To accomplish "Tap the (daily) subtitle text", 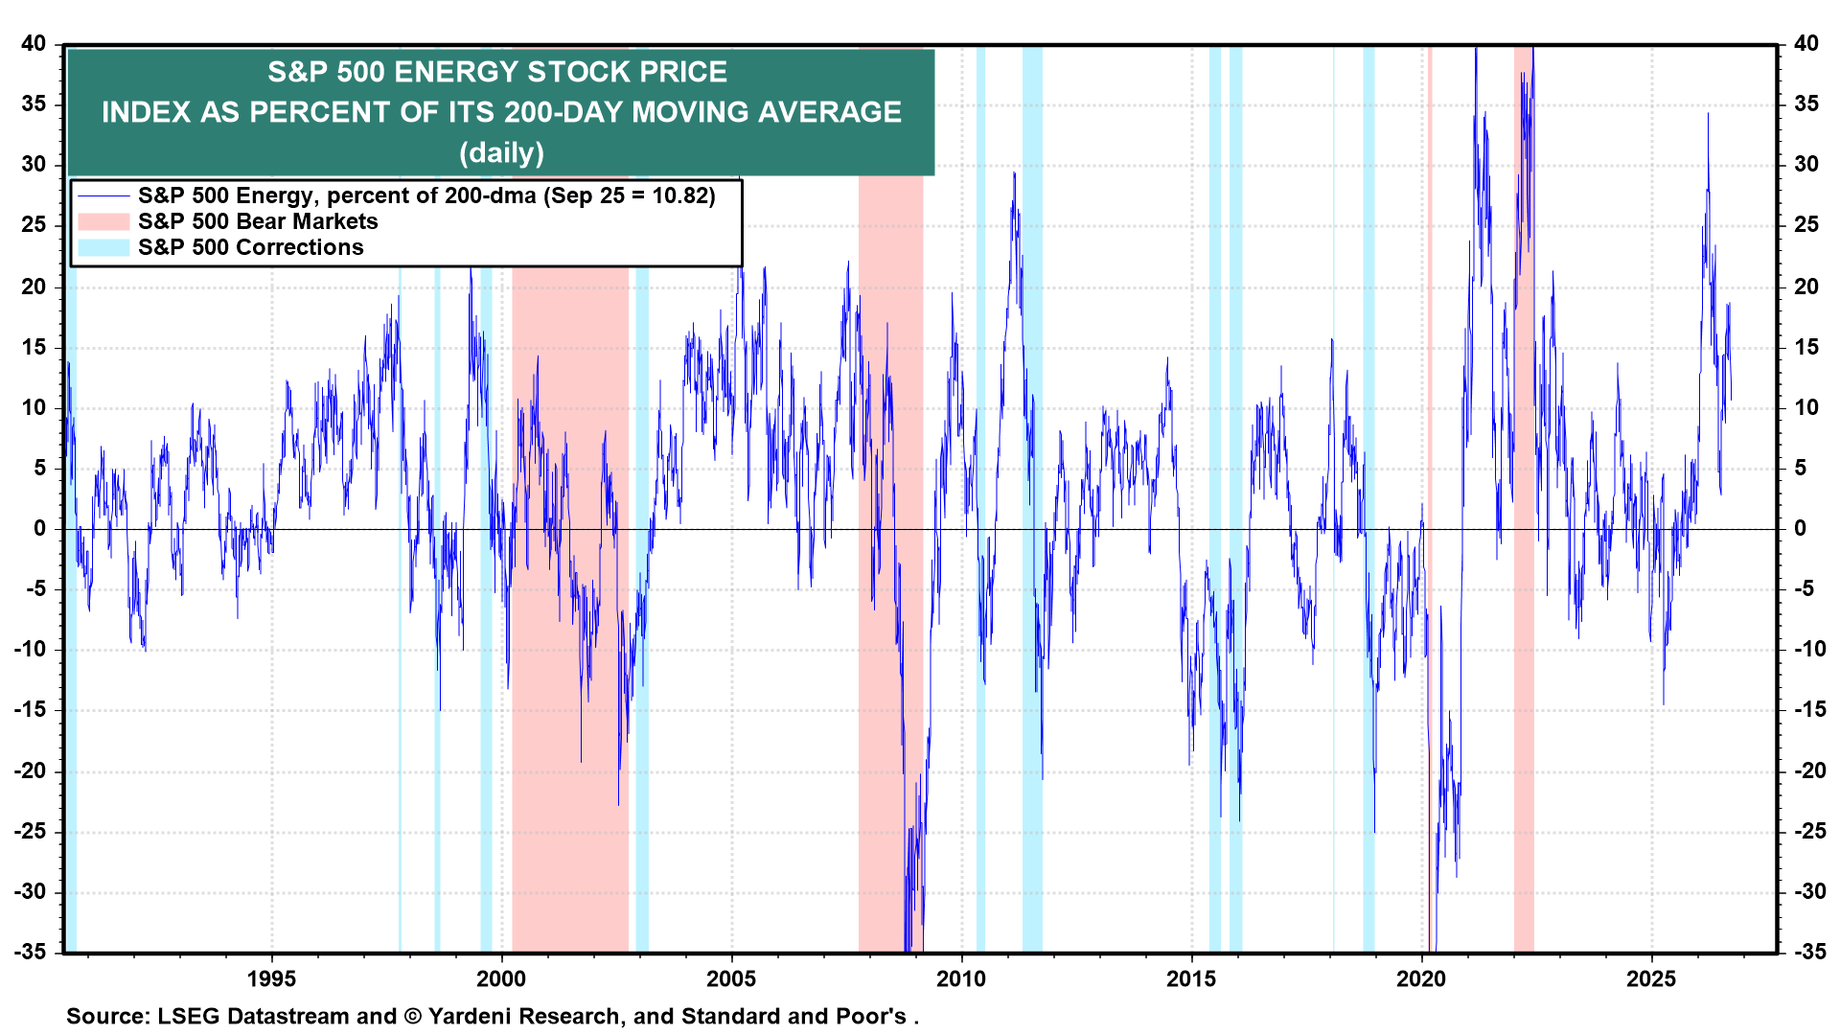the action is point(501,152).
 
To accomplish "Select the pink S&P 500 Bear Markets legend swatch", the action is point(103,221).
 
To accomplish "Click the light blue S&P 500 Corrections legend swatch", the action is point(103,247).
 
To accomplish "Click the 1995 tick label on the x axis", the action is point(271,978).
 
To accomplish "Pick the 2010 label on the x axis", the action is point(961,978).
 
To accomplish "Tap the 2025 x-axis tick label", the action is point(1651,978).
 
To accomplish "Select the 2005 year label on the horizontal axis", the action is point(731,978).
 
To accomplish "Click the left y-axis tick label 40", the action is point(34,43).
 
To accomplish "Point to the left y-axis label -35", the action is point(30,952).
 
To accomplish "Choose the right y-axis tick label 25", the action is point(1806,225).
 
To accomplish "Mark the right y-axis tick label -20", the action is point(1810,770).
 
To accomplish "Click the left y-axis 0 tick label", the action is point(40,528).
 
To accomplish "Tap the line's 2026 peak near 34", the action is point(1707,113).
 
